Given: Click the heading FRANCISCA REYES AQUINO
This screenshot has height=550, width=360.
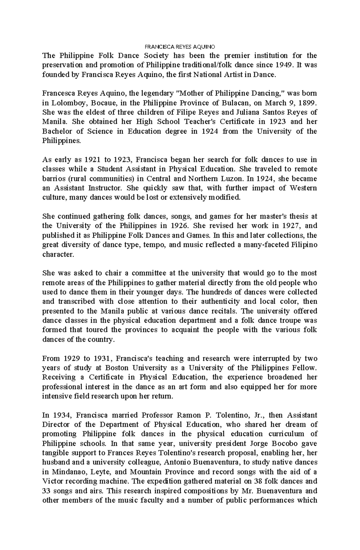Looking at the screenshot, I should pos(180,47).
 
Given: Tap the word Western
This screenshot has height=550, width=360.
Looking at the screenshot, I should pos(303,188).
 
